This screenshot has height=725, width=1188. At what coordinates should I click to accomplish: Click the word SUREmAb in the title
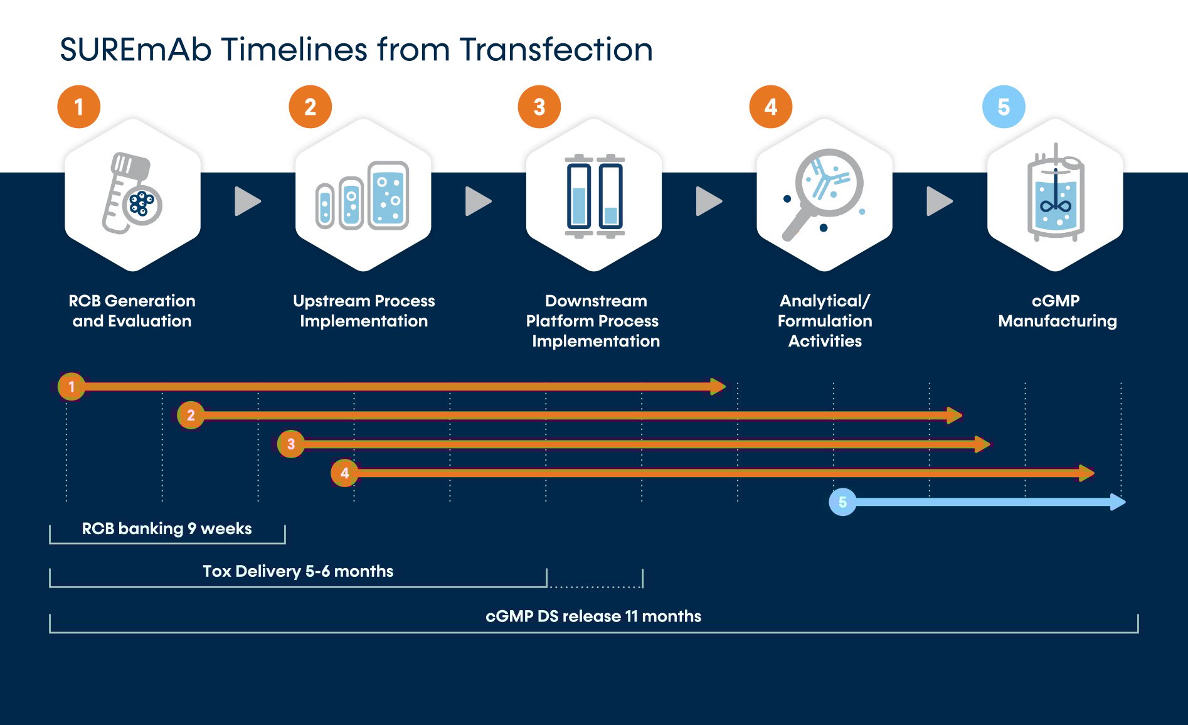(x=135, y=50)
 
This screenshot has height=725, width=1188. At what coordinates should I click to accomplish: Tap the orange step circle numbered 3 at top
(x=539, y=107)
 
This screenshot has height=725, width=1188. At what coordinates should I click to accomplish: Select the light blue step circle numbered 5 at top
(x=1003, y=107)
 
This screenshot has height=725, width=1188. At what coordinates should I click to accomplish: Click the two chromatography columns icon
(x=594, y=195)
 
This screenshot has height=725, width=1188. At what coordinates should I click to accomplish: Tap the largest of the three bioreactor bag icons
(x=388, y=195)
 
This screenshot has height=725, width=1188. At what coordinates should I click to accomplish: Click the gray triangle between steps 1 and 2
(x=247, y=201)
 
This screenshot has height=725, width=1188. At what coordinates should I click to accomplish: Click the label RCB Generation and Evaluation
(x=132, y=311)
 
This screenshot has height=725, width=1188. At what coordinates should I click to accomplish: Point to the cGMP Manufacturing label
(x=1057, y=311)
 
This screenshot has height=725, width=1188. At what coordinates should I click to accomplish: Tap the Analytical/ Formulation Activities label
(x=825, y=321)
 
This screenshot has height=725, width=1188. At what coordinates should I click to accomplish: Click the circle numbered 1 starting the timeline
(x=72, y=386)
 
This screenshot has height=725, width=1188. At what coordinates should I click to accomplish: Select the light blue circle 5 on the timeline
(x=842, y=502)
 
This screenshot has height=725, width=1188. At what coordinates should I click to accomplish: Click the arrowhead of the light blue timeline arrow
(x=1117, y=502)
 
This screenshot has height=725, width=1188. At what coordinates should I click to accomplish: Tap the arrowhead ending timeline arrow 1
(x=717, y=386)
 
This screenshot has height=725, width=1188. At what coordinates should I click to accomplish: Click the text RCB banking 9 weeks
(x=167, y=529)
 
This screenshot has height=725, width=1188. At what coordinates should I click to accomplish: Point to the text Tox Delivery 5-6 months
(x=298, y=571)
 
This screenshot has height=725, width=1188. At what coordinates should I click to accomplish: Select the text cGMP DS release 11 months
(x=593, y=616)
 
